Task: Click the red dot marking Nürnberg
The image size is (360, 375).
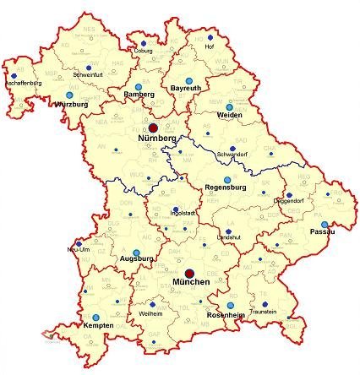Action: point(153,127)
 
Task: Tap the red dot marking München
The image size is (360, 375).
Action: point(190,272)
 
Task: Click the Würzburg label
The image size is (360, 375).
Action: point(71,104)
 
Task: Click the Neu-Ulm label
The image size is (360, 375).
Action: point(76,250)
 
